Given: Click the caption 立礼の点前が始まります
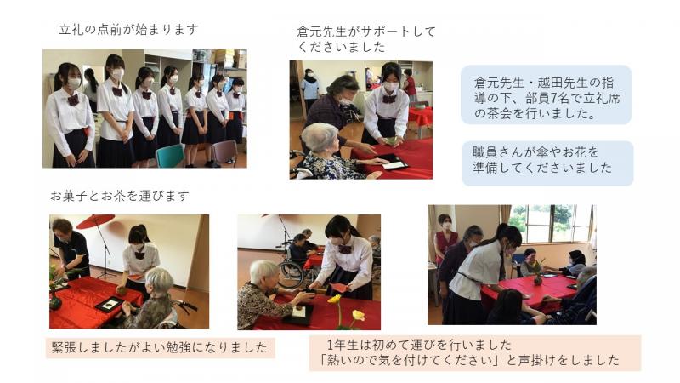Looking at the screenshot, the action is [x=128, y=30].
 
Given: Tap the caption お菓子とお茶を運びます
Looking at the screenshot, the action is [x=120, y=196].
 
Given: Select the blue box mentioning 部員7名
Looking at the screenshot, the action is [x=546, y=94].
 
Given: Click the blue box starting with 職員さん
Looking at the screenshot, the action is [x=547, y=163].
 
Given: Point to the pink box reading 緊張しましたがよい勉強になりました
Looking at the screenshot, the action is [x=161, y=348].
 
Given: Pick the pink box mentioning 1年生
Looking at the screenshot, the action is [x=475, y=352].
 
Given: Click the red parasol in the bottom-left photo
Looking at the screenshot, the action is [x=95, y=221].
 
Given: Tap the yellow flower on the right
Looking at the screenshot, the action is [x=358, y=315].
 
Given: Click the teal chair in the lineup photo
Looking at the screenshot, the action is [x=170, y=156].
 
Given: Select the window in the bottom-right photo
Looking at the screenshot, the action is [x=550, y=223].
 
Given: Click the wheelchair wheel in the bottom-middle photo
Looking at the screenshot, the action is [x=291, y=274].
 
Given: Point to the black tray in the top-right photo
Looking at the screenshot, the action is [x=392, y=163].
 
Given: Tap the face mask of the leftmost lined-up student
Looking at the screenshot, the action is [x=74, y=83].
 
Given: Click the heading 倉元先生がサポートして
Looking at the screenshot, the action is [x=366, y=31].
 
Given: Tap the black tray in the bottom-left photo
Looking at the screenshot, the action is [x=110, y=304].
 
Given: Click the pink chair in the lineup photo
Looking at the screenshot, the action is [x=224, y=152].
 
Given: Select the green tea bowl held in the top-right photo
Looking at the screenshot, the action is [x=391, y=140].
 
